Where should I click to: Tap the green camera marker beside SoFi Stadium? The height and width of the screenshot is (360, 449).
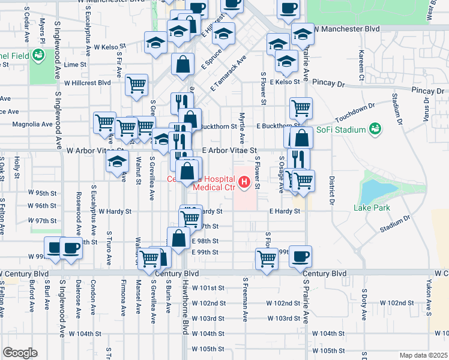tap(375, 128)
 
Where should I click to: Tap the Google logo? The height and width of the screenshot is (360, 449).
tap(19, 353)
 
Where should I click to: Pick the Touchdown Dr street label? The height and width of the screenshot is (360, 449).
tap(355, 111)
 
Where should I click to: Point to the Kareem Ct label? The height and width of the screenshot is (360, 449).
tap(361, 65)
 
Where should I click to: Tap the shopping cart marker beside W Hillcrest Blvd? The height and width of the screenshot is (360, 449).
tap(137, 85)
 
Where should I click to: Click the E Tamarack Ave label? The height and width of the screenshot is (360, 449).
tap(229, 74)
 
